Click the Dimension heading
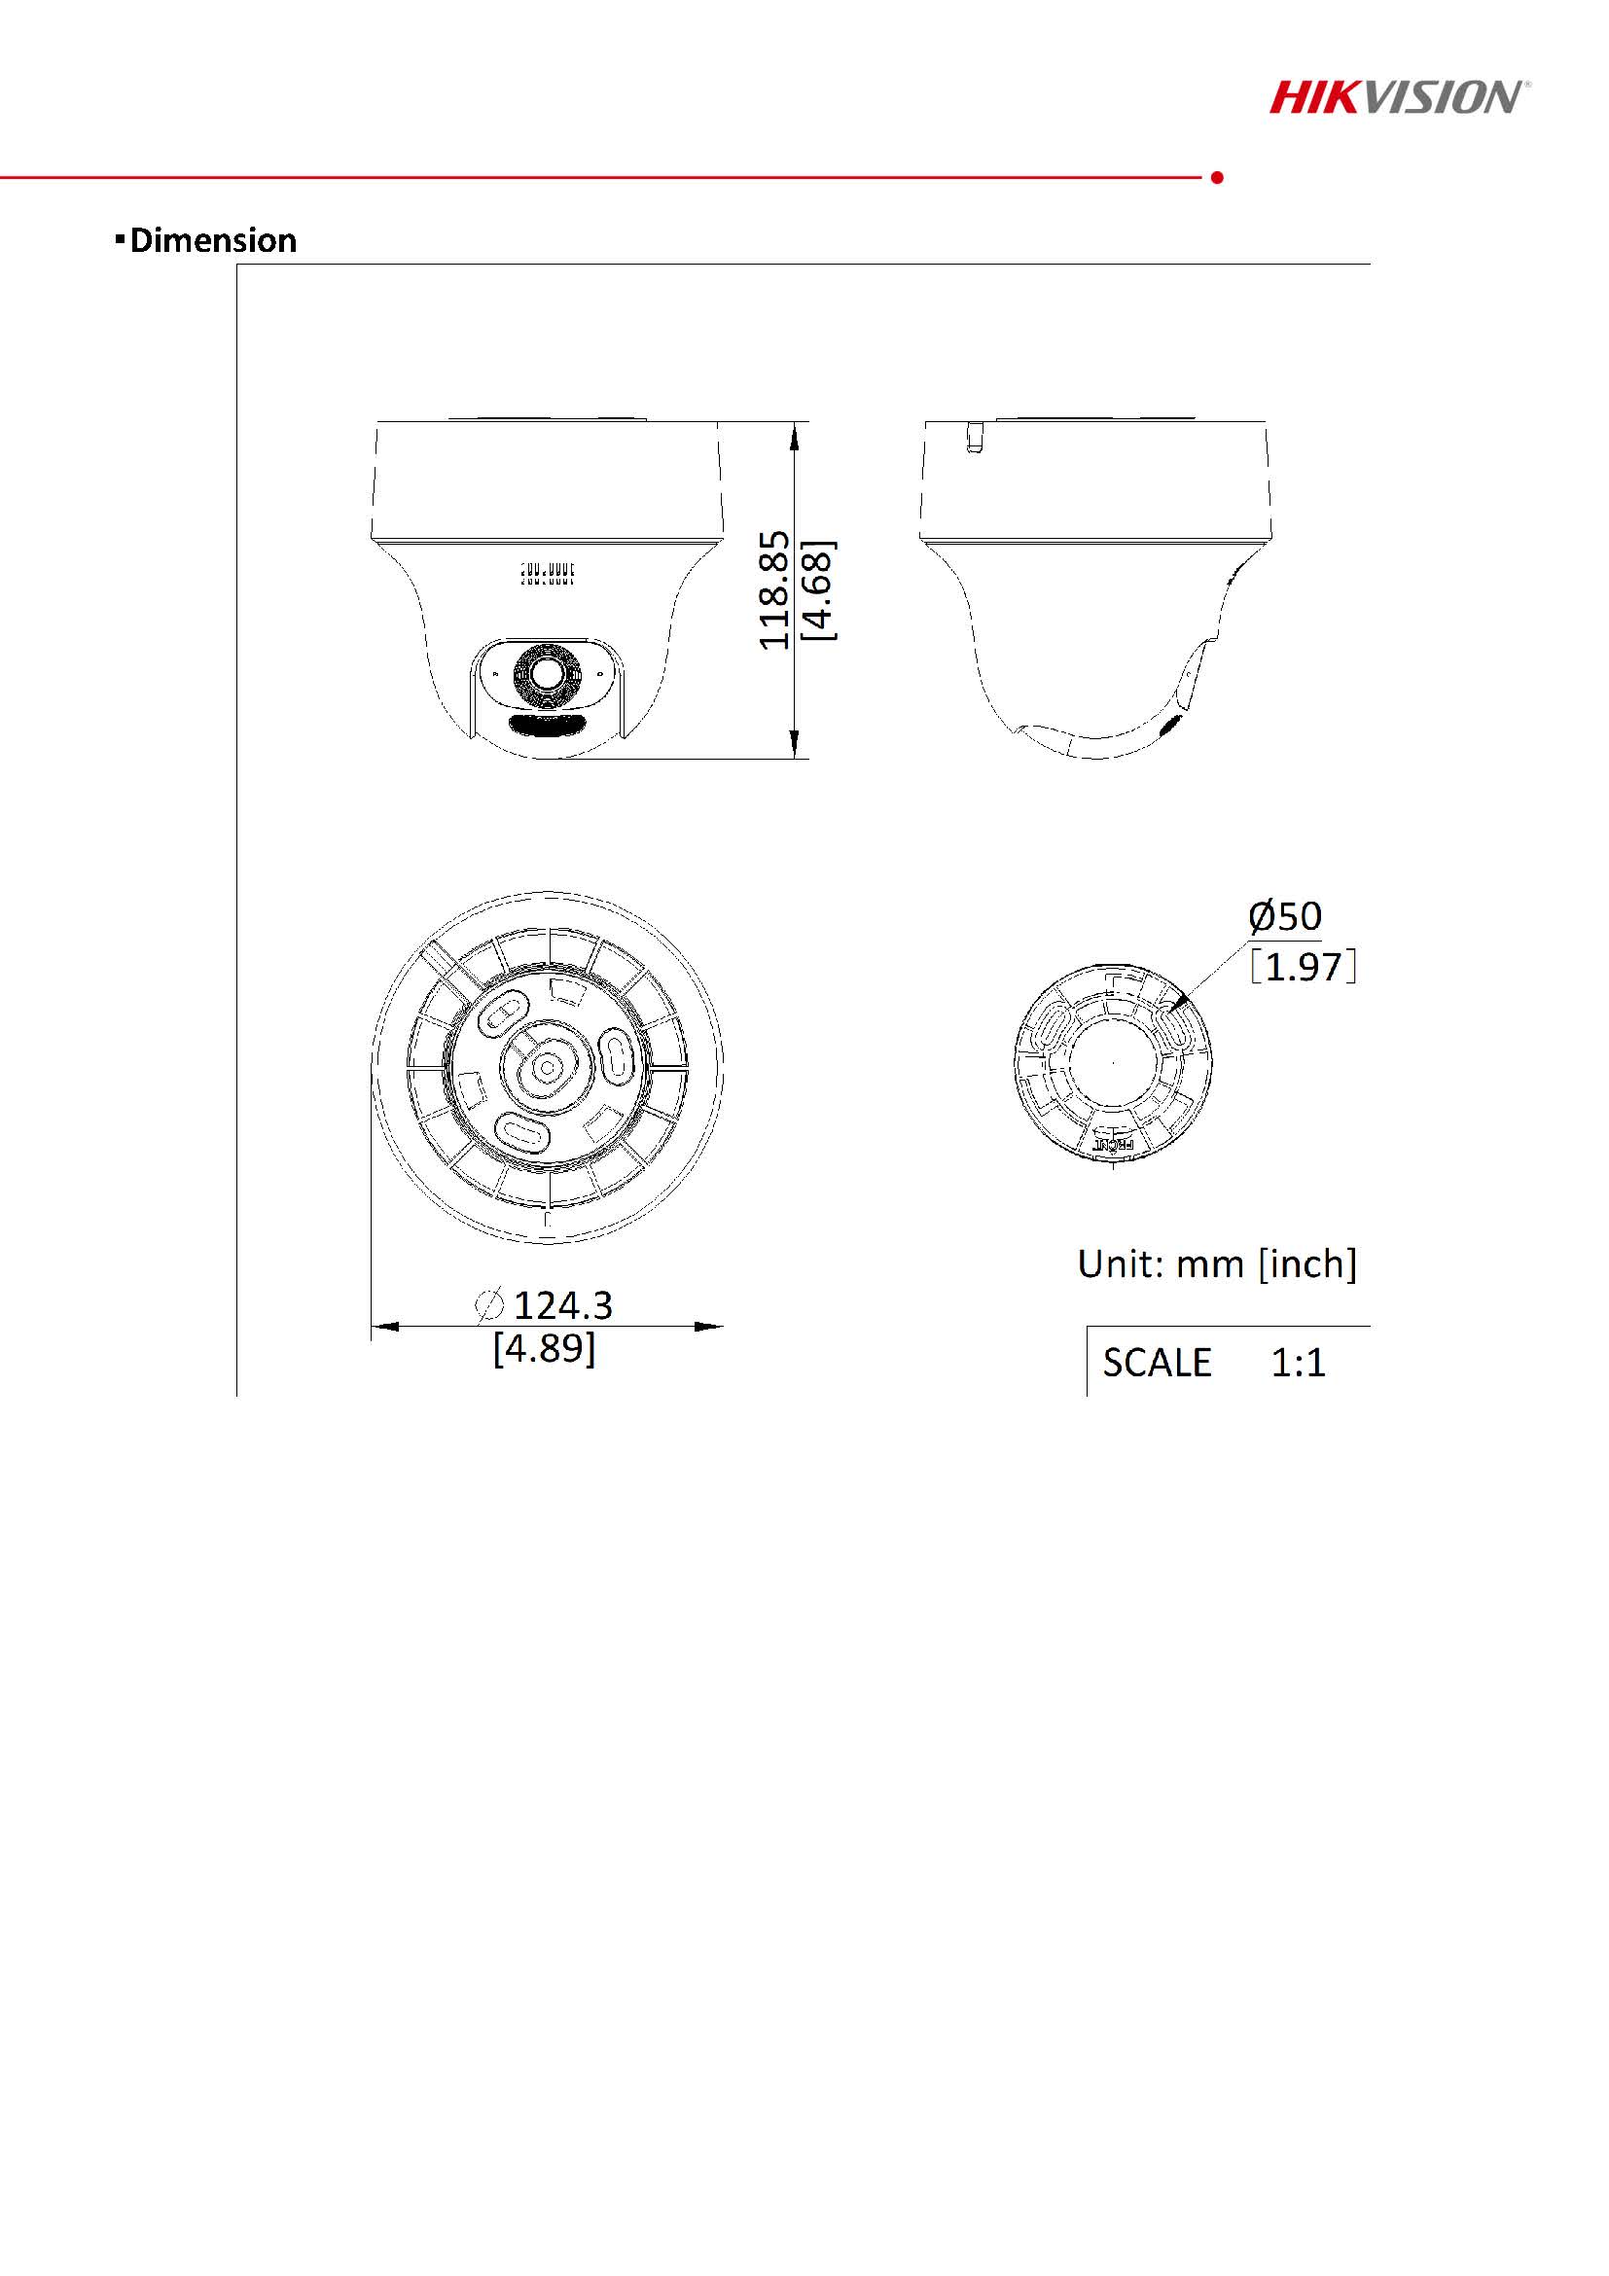click(x=213, y=240)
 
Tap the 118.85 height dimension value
click(x=774, y=589)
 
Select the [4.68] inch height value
click(x=820, y=590)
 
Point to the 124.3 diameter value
click(x=563, y=1305)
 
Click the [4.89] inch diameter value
click(x=544, y=1348)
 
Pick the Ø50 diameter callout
click(x=1285, y=916)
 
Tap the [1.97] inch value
click(x=1303, y=967)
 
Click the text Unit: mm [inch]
click(x=1216, y=1263)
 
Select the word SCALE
click(x=1157, y=1363)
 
